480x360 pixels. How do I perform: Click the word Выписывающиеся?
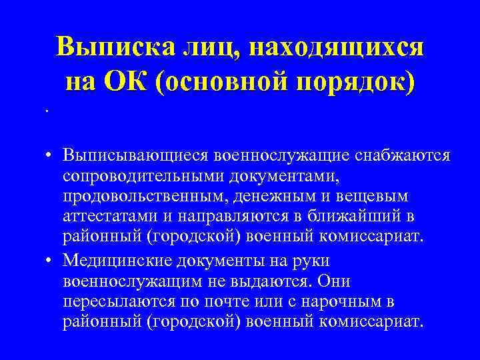[x=136, y=155]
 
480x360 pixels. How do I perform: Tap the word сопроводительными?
[x=144, y=175]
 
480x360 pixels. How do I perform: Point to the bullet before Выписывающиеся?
[x=51, y=156]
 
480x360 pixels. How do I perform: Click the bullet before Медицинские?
[x=51, y=260]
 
